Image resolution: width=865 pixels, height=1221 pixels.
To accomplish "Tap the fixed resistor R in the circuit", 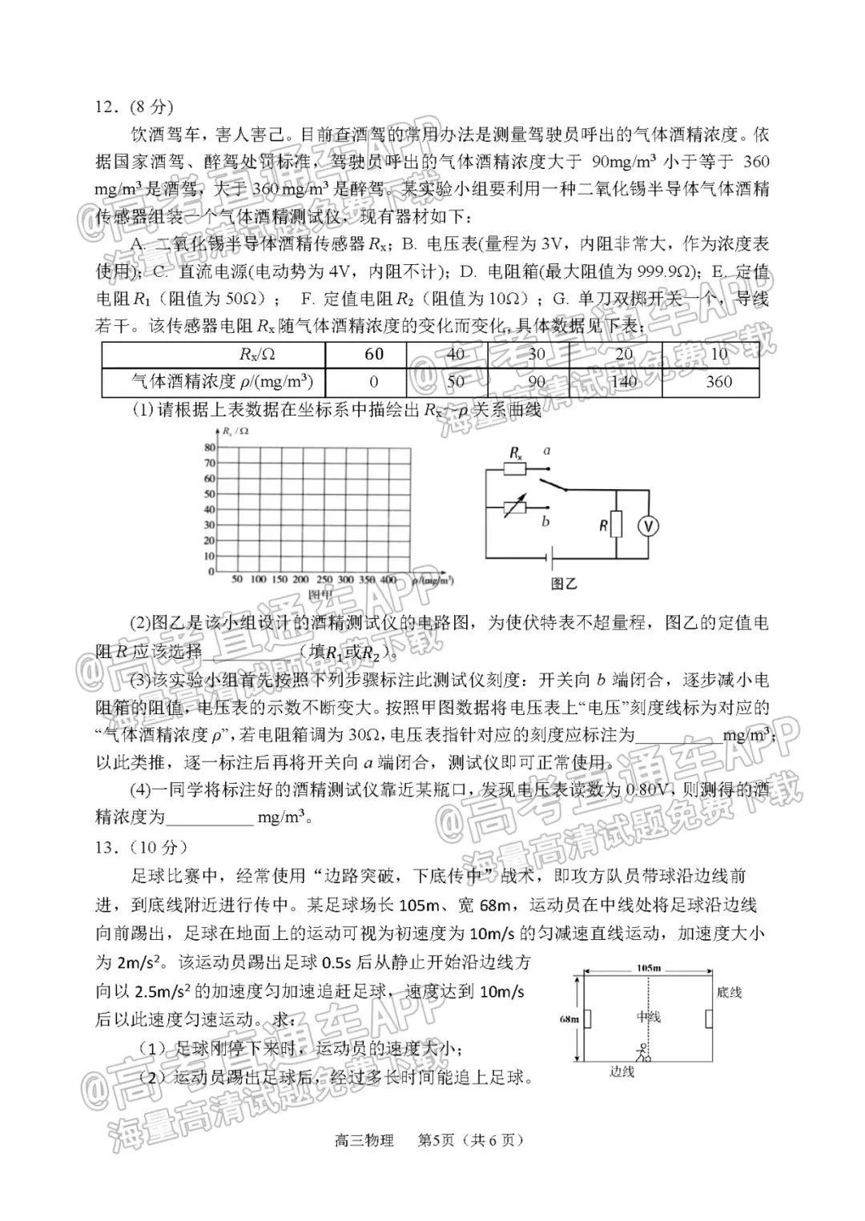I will (x=615, y=524).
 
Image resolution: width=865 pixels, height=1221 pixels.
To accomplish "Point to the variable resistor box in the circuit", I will (x=516, y=506).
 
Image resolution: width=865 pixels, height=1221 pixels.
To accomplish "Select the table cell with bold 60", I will (x=374, y=354).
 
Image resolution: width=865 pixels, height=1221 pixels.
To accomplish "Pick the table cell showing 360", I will (x=718, y=382).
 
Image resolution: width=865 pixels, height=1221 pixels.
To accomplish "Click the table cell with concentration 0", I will (x=374, y=382).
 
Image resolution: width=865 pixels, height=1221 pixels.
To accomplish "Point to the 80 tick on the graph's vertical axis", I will (x=211, y=447).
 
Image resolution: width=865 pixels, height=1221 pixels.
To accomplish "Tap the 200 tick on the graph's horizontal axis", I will (x=301, y=579).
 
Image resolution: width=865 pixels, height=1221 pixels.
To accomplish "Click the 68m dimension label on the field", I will (x=569, y=1019).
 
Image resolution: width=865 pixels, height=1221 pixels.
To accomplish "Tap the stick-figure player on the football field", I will (x=641, y=1053).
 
